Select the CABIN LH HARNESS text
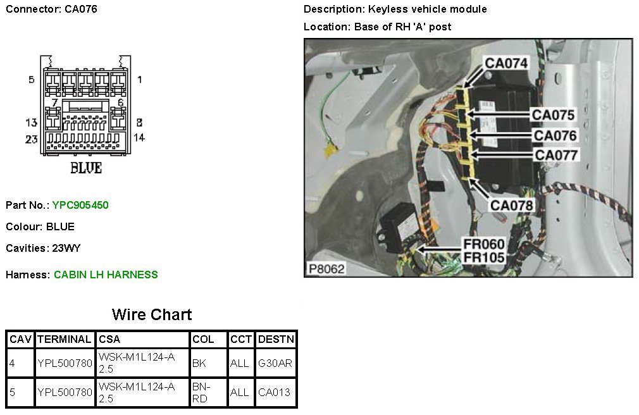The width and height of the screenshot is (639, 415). click(x=106, y=275)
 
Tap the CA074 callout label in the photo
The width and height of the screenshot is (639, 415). click(x=506, y=63)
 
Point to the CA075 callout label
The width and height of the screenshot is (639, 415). click(x=553, y=115)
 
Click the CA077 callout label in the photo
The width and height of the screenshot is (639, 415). click(x=556, y=154)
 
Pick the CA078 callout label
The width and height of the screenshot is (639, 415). click(x=512, y=205)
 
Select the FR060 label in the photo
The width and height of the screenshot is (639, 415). click(x=484, y=245)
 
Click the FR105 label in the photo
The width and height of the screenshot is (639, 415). click(x=484, y=257)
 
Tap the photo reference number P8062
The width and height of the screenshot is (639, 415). click(x=326, y=269)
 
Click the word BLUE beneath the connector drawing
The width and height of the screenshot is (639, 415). click(x=85, y=168)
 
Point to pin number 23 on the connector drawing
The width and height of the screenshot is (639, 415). click(x=32, y=139)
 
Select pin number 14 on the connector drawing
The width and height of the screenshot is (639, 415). click(x=139, y=137)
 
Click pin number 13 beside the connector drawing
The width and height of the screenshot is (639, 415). click(x=32, y=123)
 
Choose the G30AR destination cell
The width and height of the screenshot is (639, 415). click(x=275, y=364)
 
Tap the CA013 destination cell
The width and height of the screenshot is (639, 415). click(x=275, y=392)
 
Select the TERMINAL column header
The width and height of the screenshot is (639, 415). click(x=65, y=340)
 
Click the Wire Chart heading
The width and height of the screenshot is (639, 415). click(x=152, y=314)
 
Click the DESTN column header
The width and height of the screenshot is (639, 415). click(x=276, y=340)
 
